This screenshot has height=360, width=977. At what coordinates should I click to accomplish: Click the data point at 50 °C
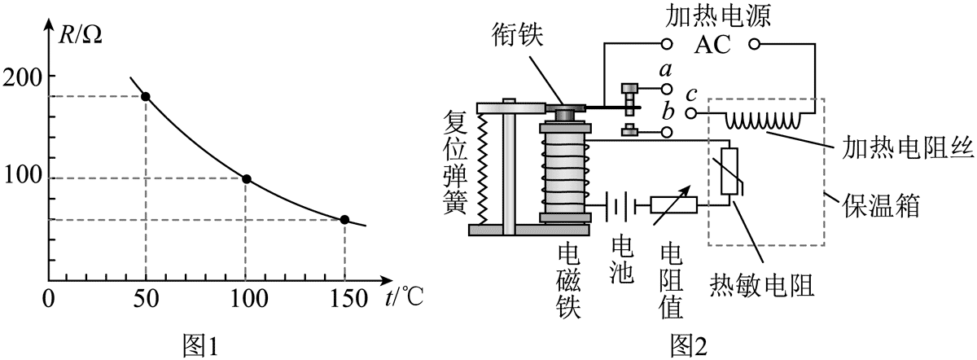[146, 97]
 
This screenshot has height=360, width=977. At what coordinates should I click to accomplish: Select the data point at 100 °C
[246, 178]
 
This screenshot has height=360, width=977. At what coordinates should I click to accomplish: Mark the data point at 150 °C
[344, 219]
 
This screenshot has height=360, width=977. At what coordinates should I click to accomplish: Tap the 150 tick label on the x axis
[344, 300]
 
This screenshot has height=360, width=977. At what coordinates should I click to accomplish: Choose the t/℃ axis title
[401, 299]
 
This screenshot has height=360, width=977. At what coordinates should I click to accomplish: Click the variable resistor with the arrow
[674, 204]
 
